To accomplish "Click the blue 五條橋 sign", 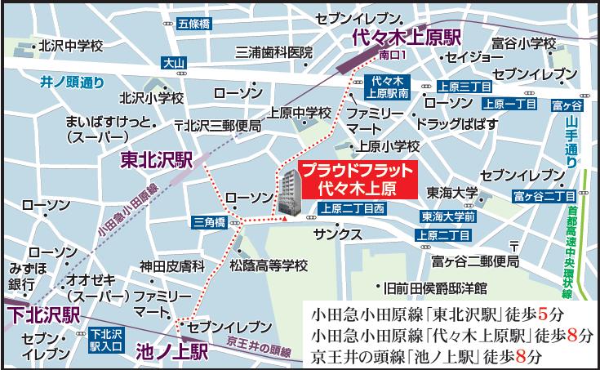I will tap(194, 24).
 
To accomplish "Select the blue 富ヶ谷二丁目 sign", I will tap(544, 196).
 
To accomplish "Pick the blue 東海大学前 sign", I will tap(448, 218).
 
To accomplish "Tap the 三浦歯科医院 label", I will tap(273, 52).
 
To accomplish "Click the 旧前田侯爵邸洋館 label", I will tap(436, 288).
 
